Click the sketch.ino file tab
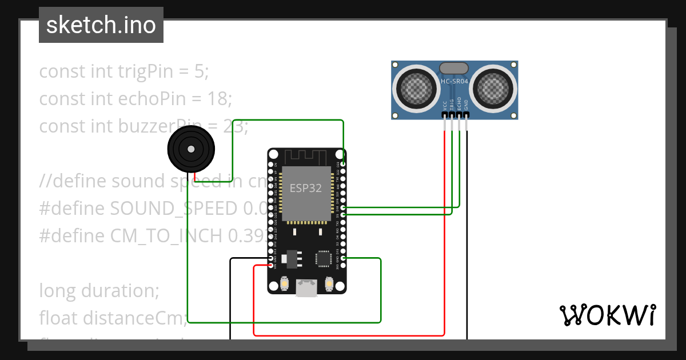pos(101,26)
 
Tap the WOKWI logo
pos(607,315)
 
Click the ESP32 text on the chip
pos(306,189)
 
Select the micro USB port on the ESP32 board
pos(306,288)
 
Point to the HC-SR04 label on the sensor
pos(454,82)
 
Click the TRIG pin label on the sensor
pos(452,105)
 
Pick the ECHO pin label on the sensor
pos(459,105)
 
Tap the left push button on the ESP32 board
pos(284,283)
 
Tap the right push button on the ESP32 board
pos(329,283)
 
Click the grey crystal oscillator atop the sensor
pos(454,68)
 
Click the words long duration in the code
pos(98,291)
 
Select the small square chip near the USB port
pos(324,258)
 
